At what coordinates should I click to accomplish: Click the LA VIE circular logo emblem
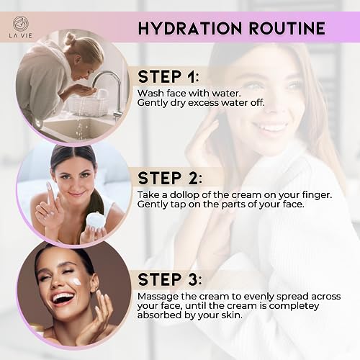click(x=21, y=23)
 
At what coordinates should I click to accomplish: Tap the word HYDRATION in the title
click(x=190, y=28)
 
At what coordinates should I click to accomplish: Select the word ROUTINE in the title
click(x=287, y=28)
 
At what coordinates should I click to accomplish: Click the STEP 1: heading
click(x=168, y=77)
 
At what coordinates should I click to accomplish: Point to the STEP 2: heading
click(x=170, y=179)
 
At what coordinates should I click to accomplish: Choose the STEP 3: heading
click(x=170, y=279)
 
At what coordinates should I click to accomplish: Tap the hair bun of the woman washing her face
click(x=71, y=38)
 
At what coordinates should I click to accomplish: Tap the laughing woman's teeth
click(x=63, y=297)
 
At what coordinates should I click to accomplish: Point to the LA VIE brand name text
click(x=20, y=36)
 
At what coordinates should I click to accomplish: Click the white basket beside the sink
click(x=87, y=107)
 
